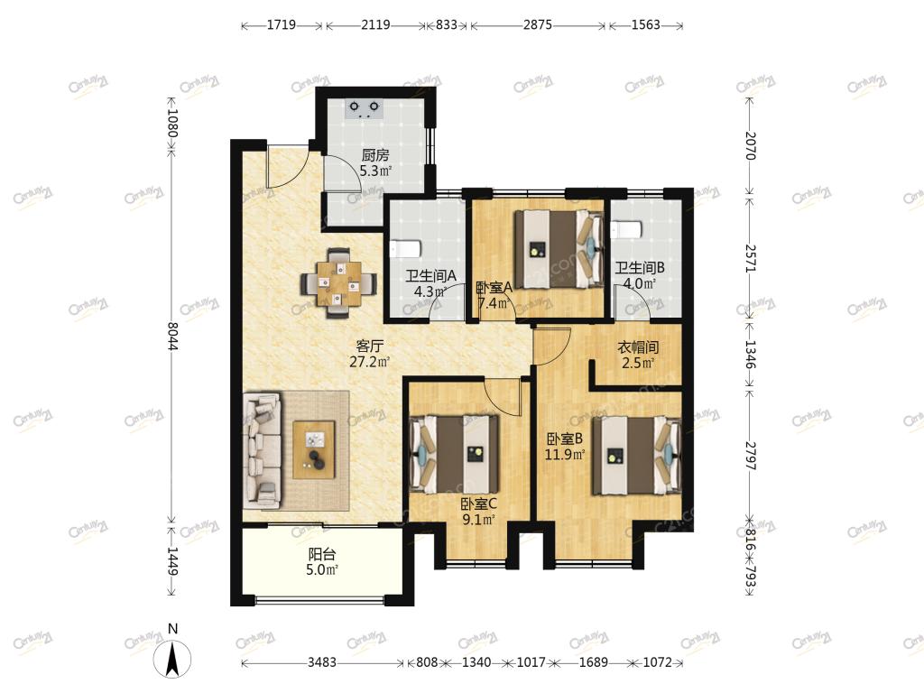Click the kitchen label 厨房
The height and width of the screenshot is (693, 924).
[374, 155]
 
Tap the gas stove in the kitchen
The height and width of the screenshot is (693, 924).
[365, 108]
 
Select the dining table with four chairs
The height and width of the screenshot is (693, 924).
[338, 283]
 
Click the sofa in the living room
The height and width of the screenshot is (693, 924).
[262, 451]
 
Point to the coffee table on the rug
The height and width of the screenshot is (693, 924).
[314, 449]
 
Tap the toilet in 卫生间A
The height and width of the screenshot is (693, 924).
[405, 249]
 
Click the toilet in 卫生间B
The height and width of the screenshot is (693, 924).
[626, 228]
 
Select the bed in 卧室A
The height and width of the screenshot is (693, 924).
[559, 249]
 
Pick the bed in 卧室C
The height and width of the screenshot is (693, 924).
[455, 455]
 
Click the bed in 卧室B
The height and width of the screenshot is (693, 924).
[637, 456]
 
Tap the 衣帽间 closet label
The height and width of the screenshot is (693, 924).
[638, 347]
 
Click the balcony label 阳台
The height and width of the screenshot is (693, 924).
[322, 555]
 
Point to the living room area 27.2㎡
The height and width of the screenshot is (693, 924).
[369, 362]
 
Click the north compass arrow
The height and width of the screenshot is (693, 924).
[172, 660]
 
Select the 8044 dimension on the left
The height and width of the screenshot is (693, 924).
[172, 336]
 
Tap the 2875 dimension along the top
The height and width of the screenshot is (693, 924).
[538, 24]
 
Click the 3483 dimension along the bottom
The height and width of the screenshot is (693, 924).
[322, 661]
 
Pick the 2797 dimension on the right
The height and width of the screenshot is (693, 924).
[750, 456]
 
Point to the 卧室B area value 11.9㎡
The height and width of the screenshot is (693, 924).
[565, 455]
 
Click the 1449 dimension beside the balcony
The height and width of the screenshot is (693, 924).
[172, 561]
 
